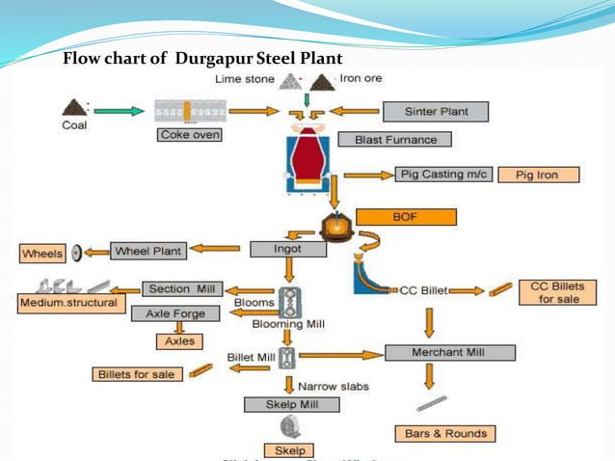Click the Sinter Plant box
435,111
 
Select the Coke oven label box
190,136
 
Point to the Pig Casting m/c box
443,175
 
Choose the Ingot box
286,249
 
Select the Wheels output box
42,255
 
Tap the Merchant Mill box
447,352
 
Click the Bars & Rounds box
444,433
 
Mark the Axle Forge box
176,313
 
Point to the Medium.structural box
67,304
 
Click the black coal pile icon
72,106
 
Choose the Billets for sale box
136,373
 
